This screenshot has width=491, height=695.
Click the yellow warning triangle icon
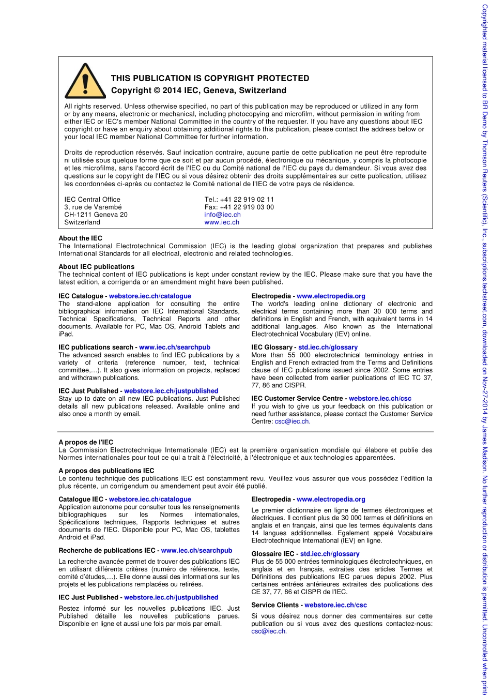(x=85, y=82)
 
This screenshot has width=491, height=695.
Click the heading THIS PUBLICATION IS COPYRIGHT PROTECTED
(x=210, y=79)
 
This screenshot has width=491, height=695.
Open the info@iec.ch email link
(x=222, y=215)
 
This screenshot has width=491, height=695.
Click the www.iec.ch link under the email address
(x=222, y=222)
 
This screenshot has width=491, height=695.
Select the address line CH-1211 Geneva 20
(x=96, y=215)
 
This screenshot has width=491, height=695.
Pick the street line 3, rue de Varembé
(x=93, y=207)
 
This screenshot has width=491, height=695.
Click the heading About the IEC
(x=80, y=238)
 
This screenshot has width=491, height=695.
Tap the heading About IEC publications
(x=96, y=267)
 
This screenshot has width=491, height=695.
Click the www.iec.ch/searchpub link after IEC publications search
(x=175, y=347)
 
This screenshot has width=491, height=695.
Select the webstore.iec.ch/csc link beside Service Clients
(x=335, y=605)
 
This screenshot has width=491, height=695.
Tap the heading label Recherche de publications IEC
(x=108, y=551)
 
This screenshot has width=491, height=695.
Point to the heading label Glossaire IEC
(x=273, y=554)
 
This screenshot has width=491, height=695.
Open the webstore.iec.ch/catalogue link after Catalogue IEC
(x=150, y=500)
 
